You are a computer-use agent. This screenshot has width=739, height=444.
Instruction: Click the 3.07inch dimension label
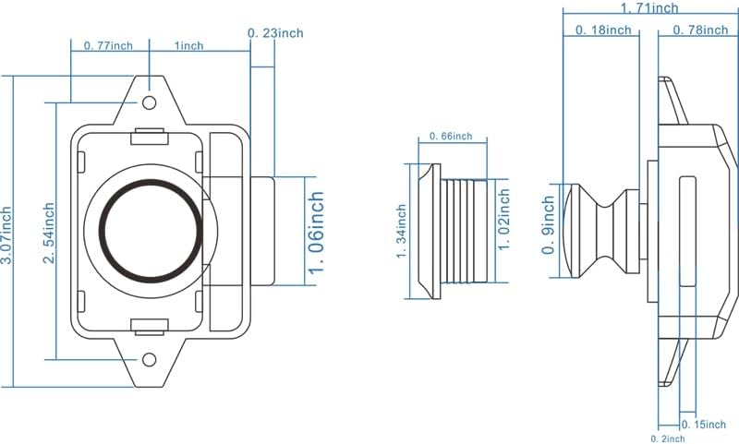[6, 231]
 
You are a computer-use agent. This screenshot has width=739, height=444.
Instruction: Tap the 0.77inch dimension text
[109, 44]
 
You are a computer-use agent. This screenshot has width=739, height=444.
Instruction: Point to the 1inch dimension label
[188, 44]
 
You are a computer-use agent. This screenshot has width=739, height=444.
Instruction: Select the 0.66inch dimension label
[451, 137]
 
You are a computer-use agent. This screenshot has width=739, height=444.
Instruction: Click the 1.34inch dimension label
[402, 231]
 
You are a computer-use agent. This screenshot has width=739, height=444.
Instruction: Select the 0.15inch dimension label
[709, 424]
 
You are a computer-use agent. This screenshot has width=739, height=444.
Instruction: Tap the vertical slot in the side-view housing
[686, 231]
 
